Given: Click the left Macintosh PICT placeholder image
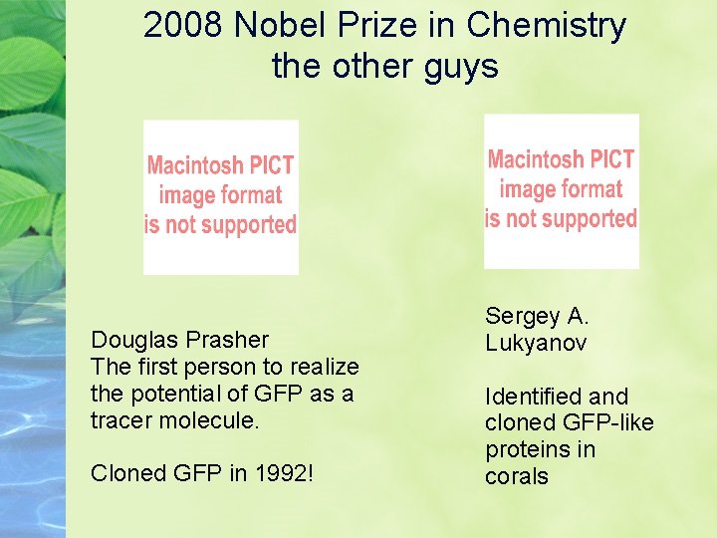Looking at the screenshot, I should (220, 196).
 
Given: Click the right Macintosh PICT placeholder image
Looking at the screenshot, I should (561, 190).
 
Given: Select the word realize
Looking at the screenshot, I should (322, 367).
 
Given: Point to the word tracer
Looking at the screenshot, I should (120, 420).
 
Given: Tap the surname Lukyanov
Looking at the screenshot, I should (536, 344).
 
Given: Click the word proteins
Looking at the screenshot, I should (527, 450).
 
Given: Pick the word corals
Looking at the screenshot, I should (517, 477).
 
